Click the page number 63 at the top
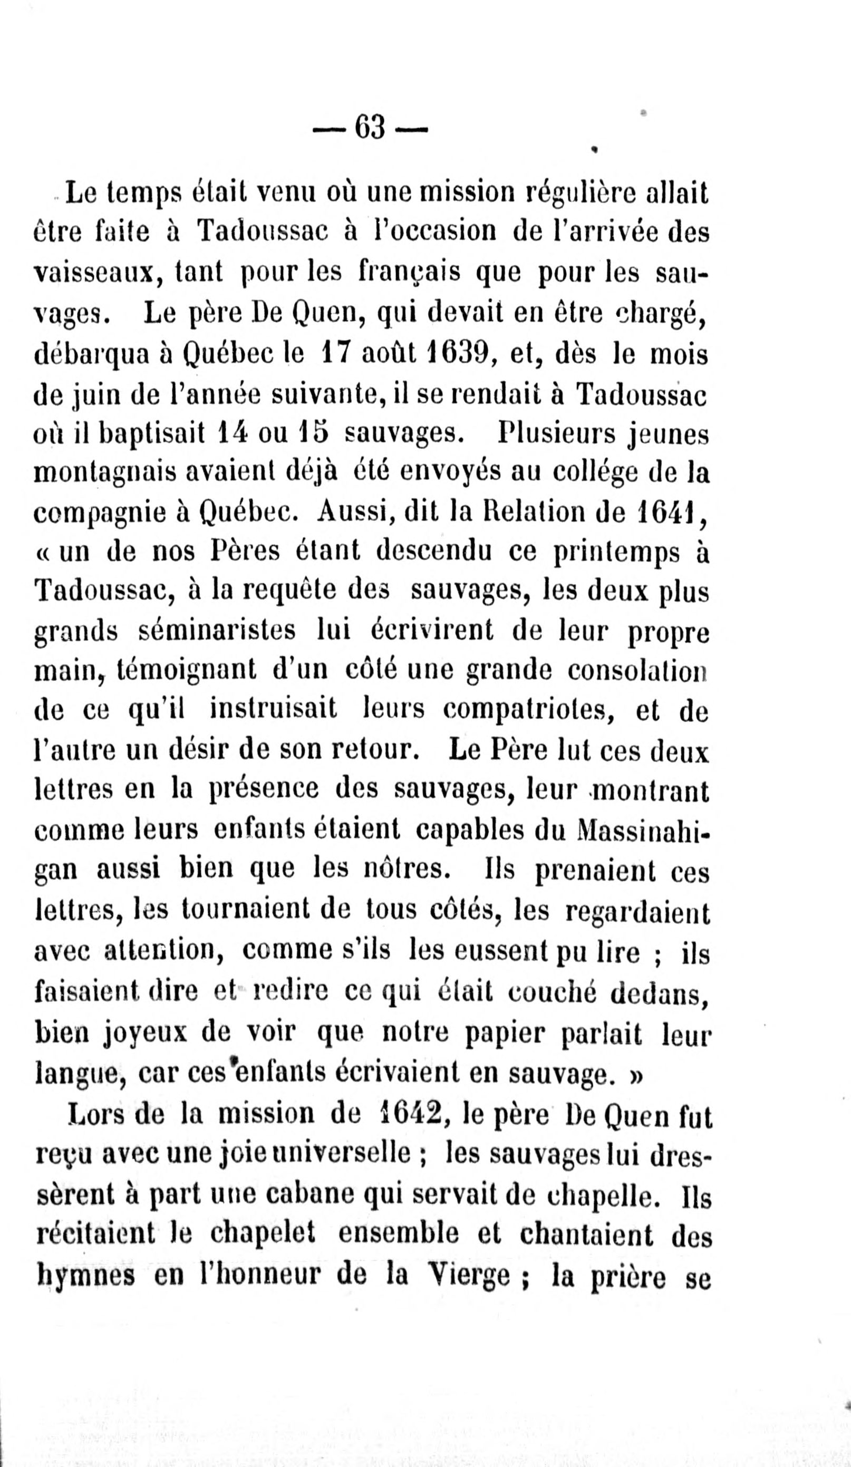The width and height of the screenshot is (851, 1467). coord(370,127)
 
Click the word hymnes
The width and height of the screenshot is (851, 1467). coord(85,1275)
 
